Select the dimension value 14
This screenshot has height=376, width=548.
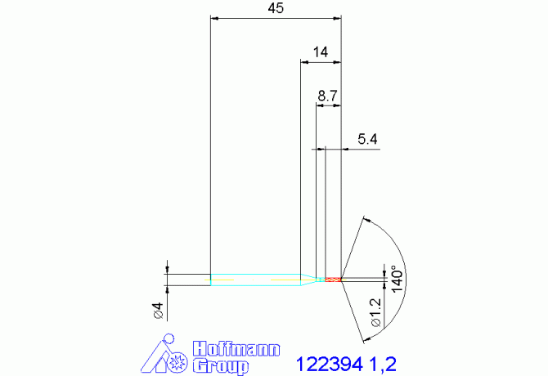point(320,52)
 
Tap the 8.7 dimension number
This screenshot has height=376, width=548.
point(328,96)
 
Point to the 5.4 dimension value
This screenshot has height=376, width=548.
point(367,140)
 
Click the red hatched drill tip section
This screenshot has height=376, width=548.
point(333,280)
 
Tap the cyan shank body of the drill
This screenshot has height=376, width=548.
point(254,280)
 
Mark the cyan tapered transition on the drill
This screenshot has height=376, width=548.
point(310,280)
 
